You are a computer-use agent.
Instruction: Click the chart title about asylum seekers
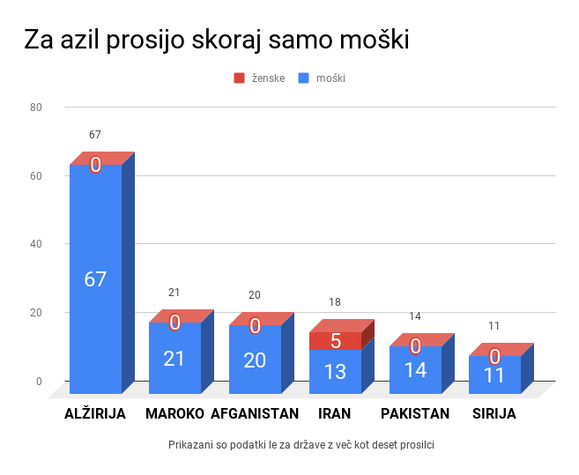coord(216,41)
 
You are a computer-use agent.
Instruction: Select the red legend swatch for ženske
coord(239,78)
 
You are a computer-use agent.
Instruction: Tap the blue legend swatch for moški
coord(304,78)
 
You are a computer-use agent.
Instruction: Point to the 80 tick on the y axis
coord(36,108)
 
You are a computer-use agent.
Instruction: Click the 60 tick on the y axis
coord(36,175)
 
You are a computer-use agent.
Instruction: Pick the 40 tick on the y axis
coord(36,244)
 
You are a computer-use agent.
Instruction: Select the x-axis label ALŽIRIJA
coord(95,413)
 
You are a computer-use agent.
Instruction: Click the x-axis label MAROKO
coord(174,413)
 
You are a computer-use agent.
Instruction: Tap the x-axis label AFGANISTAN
coord(255,413)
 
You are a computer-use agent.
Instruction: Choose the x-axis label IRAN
coord(335,413)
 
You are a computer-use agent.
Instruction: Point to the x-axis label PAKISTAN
coord(415,413)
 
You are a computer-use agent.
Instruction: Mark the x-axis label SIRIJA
coord(494,413)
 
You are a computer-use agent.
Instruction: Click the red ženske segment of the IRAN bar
coord(335,341)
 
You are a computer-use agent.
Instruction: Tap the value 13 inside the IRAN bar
coord(335,372)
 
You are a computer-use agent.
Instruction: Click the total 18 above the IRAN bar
coord(335,302)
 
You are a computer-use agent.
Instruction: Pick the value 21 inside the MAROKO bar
coord(174,359)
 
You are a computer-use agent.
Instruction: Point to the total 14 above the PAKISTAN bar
coord(415,316)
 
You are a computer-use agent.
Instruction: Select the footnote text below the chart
coord(301,445)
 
